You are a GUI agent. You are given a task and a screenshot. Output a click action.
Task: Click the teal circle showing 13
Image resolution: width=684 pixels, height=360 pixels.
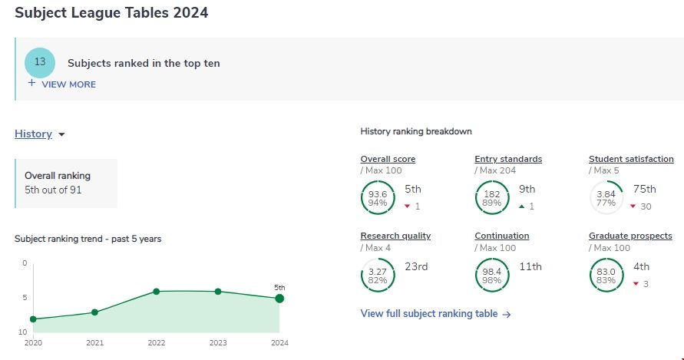click(40, 61)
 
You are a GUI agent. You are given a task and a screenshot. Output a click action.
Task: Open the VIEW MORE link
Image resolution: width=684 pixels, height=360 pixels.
click(68, 84)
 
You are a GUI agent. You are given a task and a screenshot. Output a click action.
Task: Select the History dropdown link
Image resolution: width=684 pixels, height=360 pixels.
click(33, 134)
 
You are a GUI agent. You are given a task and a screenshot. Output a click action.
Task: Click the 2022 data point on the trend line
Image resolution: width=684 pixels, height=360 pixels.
click(156, 292)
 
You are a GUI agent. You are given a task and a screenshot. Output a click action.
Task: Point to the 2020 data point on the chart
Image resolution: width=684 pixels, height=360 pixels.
click(33, 319)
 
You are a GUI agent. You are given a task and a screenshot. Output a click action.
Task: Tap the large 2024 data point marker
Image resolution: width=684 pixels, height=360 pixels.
click(279, 299)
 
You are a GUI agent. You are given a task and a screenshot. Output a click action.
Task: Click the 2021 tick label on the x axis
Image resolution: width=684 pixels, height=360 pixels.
click(94, 343)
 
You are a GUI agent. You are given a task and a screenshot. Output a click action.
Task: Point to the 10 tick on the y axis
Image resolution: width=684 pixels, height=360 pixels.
click(22, 332)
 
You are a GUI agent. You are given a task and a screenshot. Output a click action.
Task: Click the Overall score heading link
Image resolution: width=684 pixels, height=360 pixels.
click(388, 159)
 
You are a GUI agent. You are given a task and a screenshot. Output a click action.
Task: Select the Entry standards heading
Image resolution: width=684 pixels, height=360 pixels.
click(508, 159)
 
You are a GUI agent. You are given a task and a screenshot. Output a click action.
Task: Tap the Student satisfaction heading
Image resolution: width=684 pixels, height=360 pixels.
click(631, 159)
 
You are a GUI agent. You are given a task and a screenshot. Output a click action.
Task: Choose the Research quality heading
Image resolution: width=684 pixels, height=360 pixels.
click(395, 236)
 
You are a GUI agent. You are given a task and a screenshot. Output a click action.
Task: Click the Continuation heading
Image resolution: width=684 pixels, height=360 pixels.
click(502, 236)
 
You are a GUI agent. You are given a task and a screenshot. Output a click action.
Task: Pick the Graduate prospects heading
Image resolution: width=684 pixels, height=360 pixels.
click(630, 236)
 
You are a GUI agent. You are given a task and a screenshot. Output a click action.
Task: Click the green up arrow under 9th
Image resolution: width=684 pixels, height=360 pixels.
click(521, 206)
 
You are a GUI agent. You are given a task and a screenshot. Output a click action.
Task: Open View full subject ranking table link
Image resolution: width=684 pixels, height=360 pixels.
click(435, 313)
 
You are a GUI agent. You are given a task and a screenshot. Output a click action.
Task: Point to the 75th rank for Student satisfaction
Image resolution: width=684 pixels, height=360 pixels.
click(645, 189)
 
